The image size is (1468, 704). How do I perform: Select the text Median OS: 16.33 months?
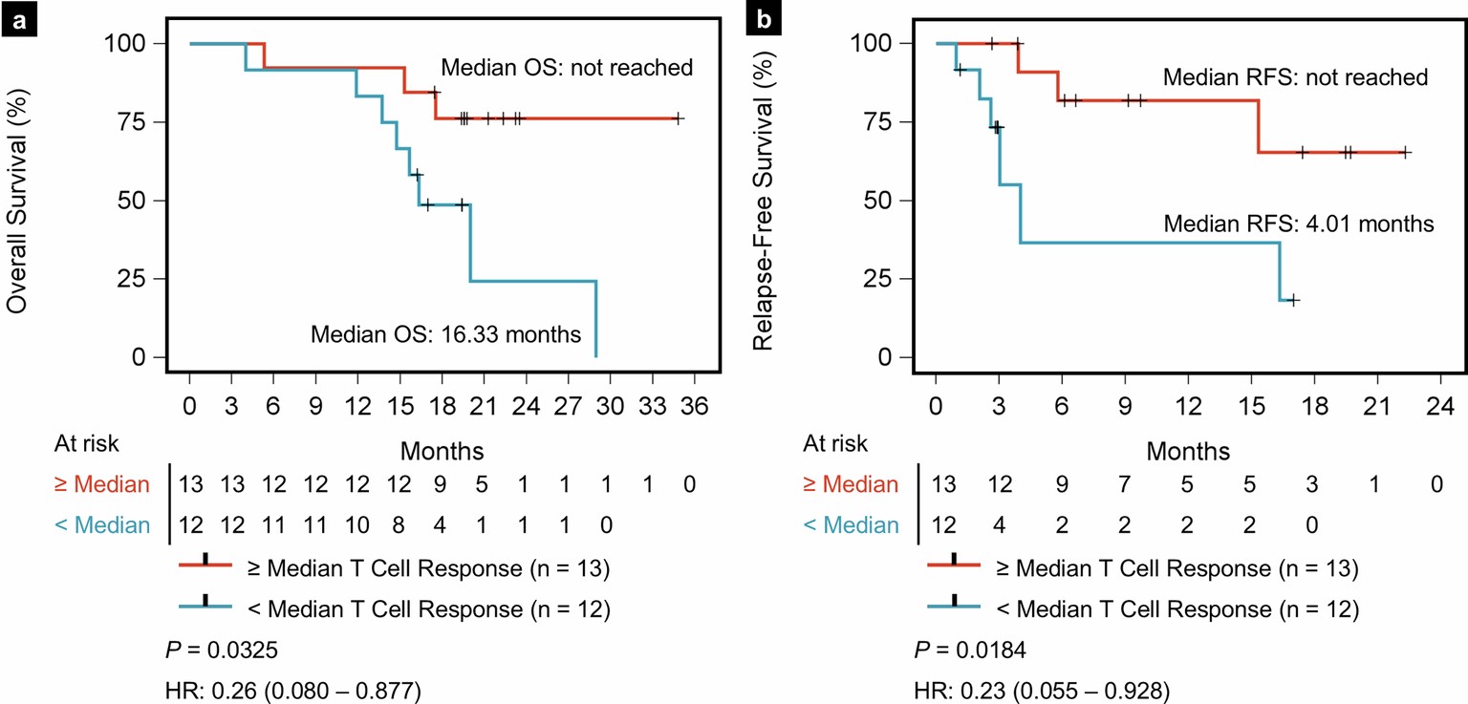[445, 334]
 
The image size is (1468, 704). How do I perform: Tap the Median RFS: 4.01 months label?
[1299, 224]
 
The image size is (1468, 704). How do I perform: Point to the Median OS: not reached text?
[566, 68]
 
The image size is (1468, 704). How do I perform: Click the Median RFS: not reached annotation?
[1295, 77]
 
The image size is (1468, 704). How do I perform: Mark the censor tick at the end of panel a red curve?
[678, 118]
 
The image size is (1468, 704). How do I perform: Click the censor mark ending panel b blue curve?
[1293, 300]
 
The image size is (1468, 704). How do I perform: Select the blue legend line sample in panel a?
[205, 608]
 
